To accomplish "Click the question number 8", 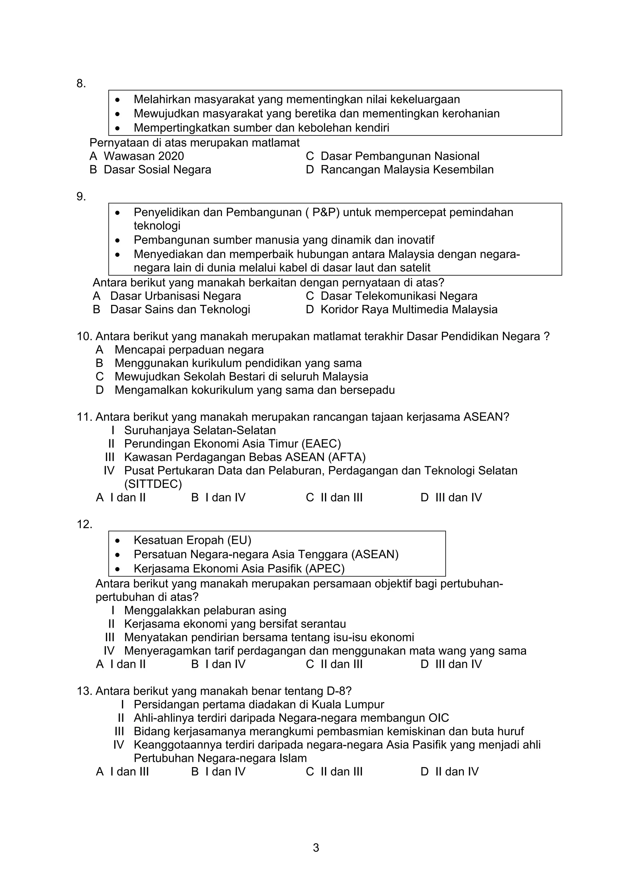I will tap(81, 83).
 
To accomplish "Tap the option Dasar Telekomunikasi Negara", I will tap(398, 296).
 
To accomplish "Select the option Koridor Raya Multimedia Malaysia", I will tap(409, 310).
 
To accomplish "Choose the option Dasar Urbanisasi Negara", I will tap(175, 296).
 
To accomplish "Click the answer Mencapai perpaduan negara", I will tap(189, 350).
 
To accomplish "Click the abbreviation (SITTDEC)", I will tap(153, 484).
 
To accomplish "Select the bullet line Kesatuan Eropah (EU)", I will tap(192, 540).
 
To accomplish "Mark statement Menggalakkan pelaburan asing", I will tap(205, 610).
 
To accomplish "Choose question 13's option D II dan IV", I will tap(450, 771).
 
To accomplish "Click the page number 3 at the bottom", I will tap(316, 848).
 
